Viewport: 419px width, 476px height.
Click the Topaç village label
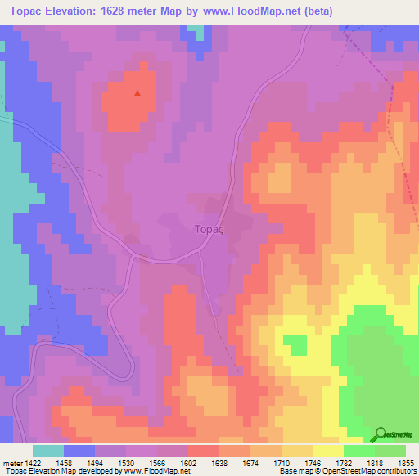pyautogui.click(x=209, y=231)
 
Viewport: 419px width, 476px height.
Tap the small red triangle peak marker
pyautogui.click(x=137, y=92)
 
